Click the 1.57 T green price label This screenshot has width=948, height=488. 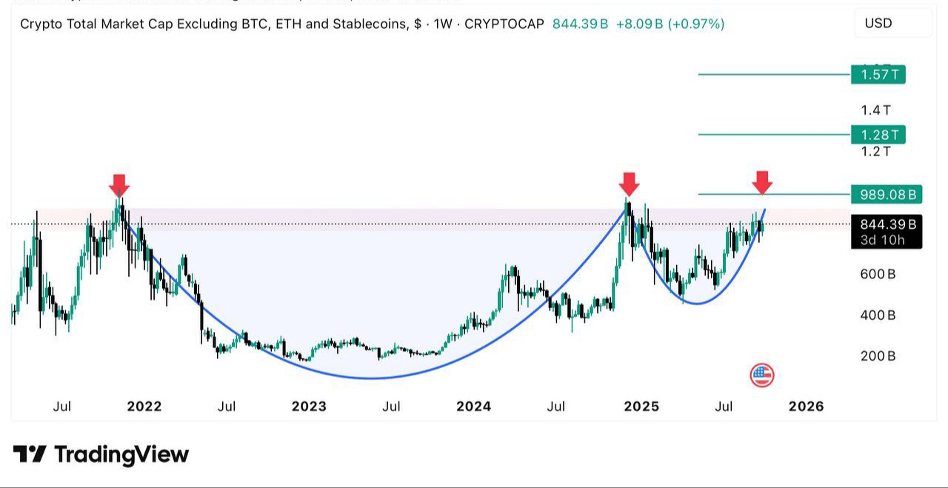coord(878,74)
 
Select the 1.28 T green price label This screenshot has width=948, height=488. coord(878,135)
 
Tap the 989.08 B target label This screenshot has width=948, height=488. coord(887,195)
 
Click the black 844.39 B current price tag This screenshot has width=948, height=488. coord(887,224)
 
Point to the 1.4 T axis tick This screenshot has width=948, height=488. coord(875,110)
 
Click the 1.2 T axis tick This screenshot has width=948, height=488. coord(875,152)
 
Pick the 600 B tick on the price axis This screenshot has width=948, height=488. coord(878,274)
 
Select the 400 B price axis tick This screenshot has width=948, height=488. coord(878,315)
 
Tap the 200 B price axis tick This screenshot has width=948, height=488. coord(878,356)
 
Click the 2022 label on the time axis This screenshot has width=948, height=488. coord(144,407)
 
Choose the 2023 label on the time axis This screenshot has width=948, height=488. coord(309,407)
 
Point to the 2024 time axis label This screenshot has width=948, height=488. coord(473,407)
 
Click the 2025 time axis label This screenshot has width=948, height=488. coord(641,407)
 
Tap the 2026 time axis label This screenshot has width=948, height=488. coord(806,407)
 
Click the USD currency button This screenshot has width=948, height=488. coord(878,23)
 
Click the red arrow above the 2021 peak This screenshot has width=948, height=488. coord(119,184)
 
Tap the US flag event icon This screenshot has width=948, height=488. coord(761,375)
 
